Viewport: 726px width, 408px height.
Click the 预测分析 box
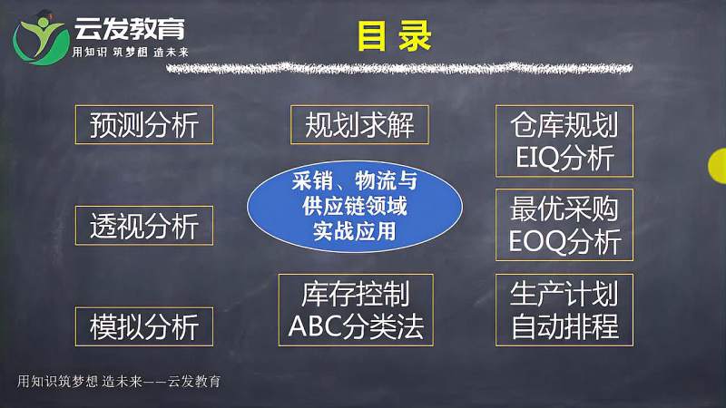143,124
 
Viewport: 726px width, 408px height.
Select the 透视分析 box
143,226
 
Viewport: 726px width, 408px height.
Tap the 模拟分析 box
143,325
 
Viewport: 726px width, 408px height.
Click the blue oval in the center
356,206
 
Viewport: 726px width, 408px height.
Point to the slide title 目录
381,36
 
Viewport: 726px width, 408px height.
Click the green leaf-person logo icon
40,35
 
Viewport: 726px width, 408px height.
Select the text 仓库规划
564,125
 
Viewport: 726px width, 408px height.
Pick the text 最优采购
564,209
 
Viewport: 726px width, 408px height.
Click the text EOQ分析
564,242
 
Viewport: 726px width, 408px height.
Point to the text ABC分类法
355,326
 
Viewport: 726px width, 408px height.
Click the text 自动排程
564,326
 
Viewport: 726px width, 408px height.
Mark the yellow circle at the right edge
717,163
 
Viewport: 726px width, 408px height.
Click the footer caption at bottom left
119,382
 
